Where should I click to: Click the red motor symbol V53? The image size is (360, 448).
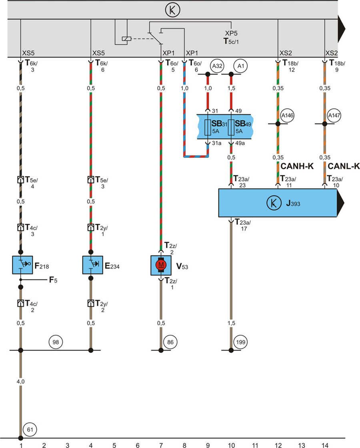coord(161,265)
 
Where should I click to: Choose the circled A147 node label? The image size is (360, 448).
coord(333,115)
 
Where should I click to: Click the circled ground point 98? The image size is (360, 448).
coord(55,342)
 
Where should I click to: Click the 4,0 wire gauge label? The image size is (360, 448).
coord(20,382)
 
